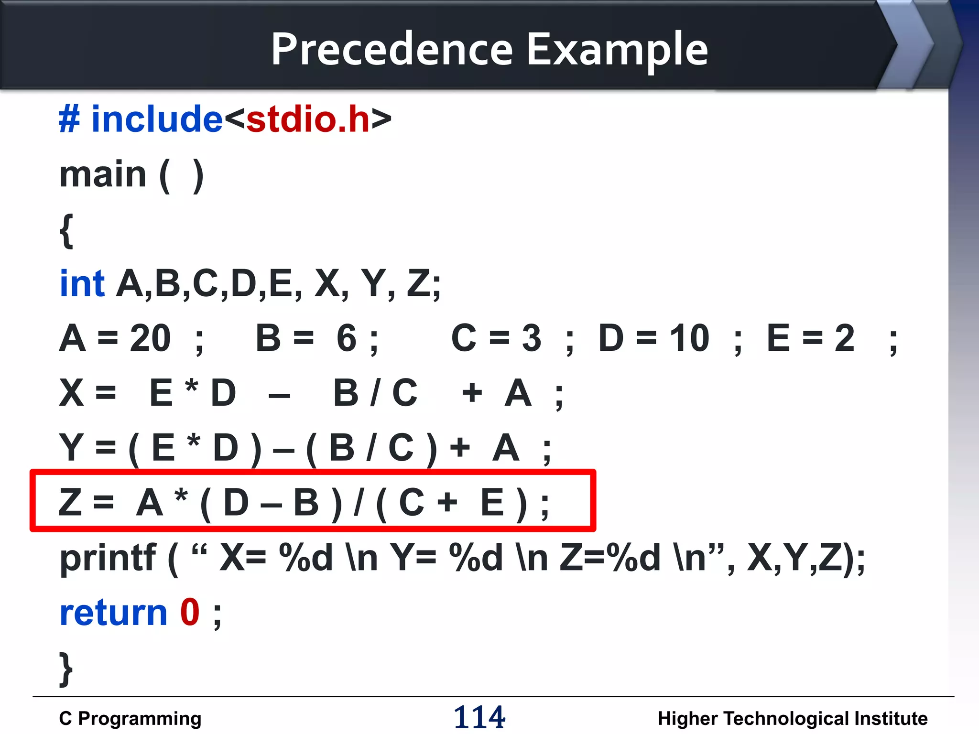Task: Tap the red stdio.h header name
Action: (308, 119)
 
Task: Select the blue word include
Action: (157, 119)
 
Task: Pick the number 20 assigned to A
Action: (150, 338)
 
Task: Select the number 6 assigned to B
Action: (346, 338)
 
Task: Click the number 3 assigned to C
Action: (532, 338)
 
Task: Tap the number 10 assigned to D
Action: (689, 338)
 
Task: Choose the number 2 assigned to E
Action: (845, 338)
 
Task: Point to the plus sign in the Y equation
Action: (460, 448)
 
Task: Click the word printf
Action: (108, 558)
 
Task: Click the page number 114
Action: (479, 717)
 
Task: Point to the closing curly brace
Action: (66, 669)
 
